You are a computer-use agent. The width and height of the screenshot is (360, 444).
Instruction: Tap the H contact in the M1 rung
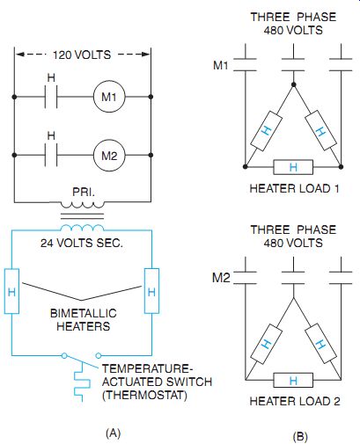51,97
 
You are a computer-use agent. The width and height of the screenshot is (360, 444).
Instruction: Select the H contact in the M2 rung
51,155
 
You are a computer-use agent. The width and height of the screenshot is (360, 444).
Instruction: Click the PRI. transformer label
84,193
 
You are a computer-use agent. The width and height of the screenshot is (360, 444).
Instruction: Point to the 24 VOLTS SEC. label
82,243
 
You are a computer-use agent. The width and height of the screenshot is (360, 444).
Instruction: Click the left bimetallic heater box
11,291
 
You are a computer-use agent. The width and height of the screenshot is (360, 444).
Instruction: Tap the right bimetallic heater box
151,291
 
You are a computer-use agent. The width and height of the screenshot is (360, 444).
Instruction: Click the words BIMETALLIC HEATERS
84,320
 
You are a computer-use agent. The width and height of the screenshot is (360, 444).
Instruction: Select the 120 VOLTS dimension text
82,55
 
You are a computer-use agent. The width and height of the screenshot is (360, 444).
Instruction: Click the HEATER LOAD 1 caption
294,188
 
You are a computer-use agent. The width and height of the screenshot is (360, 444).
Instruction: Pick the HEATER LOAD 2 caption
295,401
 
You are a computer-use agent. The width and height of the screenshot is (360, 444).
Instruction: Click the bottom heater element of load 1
293,167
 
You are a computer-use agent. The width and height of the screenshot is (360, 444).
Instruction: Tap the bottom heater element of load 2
293,380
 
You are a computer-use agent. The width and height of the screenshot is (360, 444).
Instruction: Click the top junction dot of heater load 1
293,84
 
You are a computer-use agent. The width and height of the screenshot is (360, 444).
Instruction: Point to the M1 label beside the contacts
221,65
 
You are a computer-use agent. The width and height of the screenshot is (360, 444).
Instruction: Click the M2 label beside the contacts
221,277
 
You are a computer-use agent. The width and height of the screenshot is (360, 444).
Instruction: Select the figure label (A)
113,433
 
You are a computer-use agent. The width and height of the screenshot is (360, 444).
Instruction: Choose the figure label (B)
300,436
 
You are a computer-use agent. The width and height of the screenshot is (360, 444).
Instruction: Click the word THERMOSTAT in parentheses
144,395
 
